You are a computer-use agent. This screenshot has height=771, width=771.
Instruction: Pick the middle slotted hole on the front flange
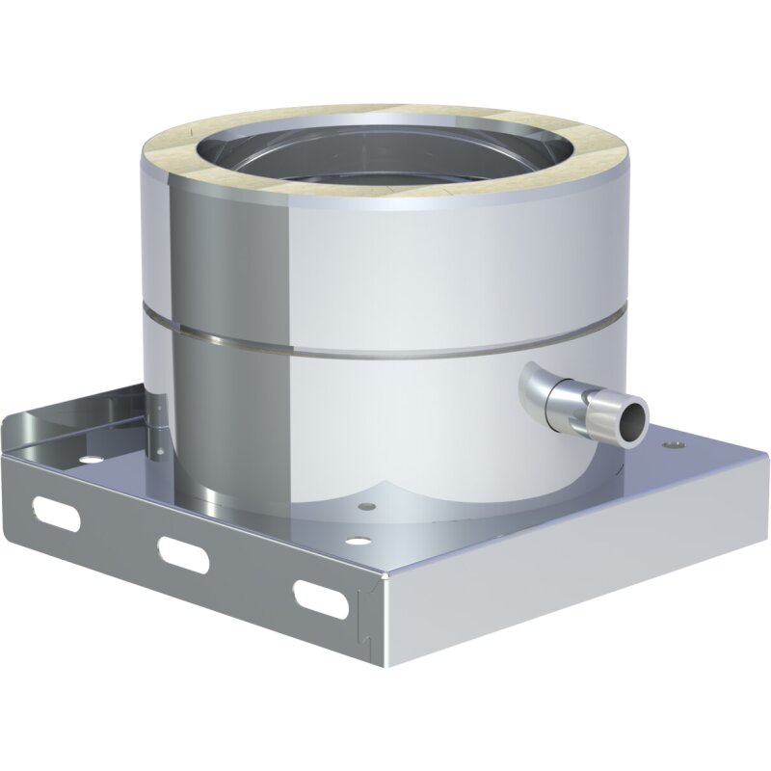pyautogui.click(x=183, y=551)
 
